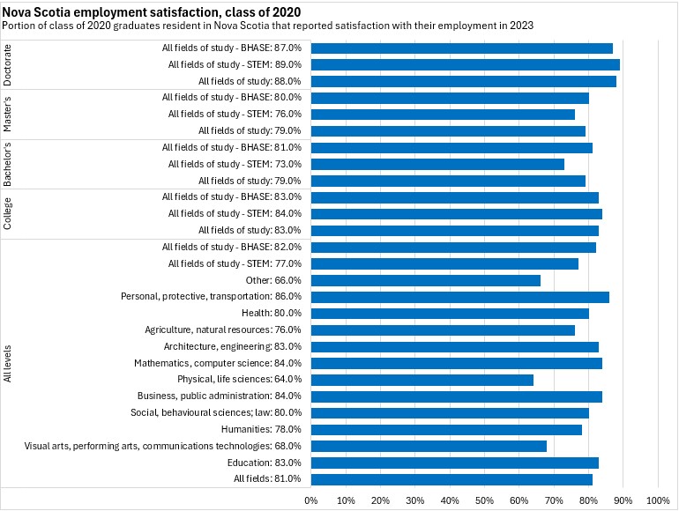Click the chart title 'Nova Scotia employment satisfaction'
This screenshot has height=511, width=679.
click(x=151, y=12)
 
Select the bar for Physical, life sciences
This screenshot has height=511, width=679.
click(x=422, y=380)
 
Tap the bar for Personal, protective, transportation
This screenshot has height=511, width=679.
click(x=459, y=297)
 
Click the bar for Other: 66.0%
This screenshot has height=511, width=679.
click(x=425, y=280)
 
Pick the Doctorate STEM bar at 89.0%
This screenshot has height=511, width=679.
click(x=465, y=64)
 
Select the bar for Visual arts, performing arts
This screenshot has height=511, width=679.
click(x=429, y=446)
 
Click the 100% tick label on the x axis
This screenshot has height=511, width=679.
click(x=658, y=500)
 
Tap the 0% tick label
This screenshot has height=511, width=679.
click(x=311, y=500)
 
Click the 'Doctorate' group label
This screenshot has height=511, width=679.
click(x=8, y=64)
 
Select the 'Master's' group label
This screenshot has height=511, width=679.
click(x=8, y=115)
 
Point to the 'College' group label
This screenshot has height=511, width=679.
click(x=8, y=213)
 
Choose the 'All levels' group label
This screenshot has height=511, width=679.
click(x=8, y=363)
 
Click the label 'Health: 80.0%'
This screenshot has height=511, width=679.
click(x=272, y=313)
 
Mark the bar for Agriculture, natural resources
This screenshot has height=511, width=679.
click(x=443, y=330)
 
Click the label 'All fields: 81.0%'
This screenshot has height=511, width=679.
click(x=267, y=479)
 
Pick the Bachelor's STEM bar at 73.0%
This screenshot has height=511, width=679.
click(x=437, y=164)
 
